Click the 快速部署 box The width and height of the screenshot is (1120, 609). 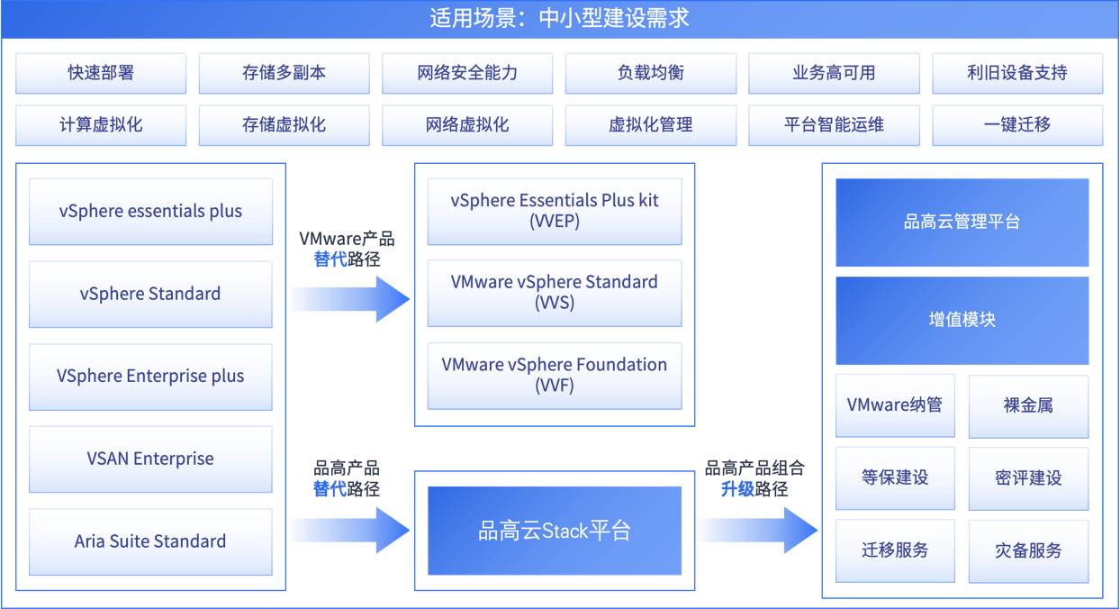pos(101,73)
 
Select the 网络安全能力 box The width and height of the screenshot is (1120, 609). pos(467,73)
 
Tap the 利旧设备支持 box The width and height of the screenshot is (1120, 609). pos(1017,73)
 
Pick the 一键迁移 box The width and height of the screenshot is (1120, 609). pos(1017,125)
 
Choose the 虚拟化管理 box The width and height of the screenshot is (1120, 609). pos(651,125)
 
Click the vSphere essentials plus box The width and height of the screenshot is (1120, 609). pos(150,212)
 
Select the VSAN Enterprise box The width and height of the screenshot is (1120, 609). pos(150,459)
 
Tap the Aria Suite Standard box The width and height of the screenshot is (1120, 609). pos(150,542)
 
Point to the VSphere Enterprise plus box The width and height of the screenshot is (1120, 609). pos(150,377)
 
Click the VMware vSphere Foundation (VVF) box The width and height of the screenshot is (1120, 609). pos(555,376)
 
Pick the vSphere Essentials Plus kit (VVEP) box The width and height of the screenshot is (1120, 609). pos(555,211)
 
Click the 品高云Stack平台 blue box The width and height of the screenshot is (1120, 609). pos(555,531)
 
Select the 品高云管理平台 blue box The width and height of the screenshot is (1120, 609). pos(962,223)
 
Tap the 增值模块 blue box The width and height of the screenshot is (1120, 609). pos(962,320)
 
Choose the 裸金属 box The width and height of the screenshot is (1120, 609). pos(1028,405)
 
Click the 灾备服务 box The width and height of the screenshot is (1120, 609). pos(1028,551)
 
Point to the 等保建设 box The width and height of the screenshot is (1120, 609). pos(895,477)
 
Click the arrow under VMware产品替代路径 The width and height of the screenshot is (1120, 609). pos(350,299)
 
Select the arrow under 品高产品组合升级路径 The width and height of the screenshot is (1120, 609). pos(758,531)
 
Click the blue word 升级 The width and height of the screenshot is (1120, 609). pos(737,489)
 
